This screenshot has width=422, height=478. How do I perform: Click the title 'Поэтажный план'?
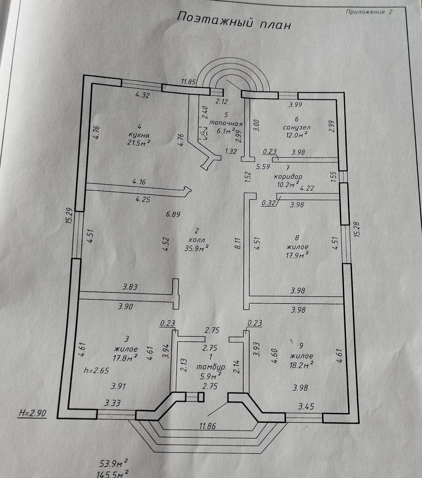pyautogui.click(x=234, y=21)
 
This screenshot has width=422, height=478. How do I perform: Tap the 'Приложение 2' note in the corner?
pyautogui.click(x=369, y=12)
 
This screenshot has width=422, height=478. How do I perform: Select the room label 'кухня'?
pyautogui.click(x=138, y=134)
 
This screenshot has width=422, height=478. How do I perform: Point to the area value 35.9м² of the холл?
pyautogui.click(x=196, y=248)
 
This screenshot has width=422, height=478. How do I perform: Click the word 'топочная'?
pyautogui.click(x=226, y=123)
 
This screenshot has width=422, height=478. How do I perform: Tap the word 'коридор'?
pyautogui.click(x=288, y=176)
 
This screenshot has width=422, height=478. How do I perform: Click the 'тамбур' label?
pyautogui.click(x=211, y=367)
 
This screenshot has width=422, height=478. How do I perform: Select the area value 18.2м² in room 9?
pyautogui.click(x=302, y=364)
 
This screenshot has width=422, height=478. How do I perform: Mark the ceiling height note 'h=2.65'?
pyautogui.click(x=97, y=371)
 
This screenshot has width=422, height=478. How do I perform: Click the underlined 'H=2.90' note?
pyautogui.click(x=33, y=413)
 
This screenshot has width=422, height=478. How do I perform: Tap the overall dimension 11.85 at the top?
pyautogui.click(x=188, y=81)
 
